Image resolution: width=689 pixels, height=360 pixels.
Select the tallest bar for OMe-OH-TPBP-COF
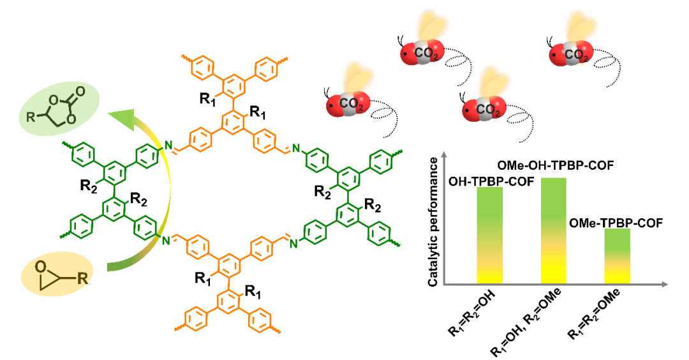tap(553, 230)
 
